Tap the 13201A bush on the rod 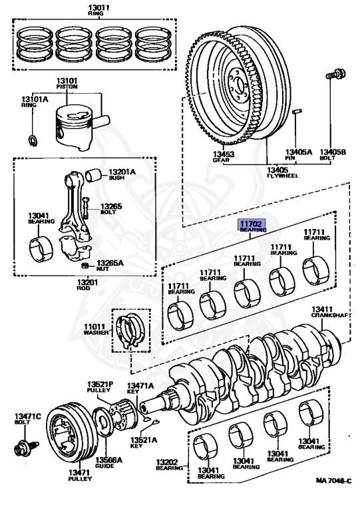[x=93, y=176]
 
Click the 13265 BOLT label [x=111, y=210]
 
